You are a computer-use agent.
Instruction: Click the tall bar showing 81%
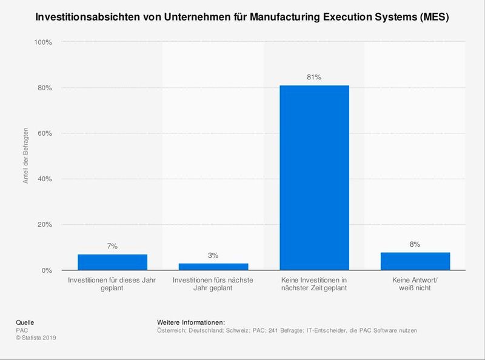click(x=314, y=178)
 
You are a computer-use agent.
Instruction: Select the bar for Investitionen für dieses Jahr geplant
click(x=112, y=262)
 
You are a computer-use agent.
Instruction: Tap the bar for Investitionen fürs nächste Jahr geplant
click(x=213, y=267)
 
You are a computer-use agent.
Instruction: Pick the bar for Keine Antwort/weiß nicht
click(x=415, y=261)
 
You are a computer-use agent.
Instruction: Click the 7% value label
click(x=112, y=246)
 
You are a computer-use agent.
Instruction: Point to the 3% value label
click(x=213, y=256)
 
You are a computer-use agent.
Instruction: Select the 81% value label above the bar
click(x=314, y=78)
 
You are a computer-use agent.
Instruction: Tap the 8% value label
click(x=415, y=244)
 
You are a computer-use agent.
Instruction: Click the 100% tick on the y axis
click(x=43, y=42)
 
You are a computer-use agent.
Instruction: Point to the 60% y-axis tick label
click(x=45, y=133)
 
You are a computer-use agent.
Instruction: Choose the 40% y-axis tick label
click(x=45, y=179)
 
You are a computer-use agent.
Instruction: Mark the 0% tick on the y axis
click(x=47, y=270)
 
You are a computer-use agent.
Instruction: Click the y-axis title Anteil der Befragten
click(x=26, y=156)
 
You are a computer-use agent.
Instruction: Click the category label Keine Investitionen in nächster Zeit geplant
click(x=314, y=284)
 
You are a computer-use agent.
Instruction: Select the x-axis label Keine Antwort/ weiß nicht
click(x=415, y=284)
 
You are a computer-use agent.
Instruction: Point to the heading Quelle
click(x=25, y=322)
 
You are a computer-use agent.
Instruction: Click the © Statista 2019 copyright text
click(x=37, y=338)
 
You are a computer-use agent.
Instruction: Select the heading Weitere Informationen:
click(x=191, y=322)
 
